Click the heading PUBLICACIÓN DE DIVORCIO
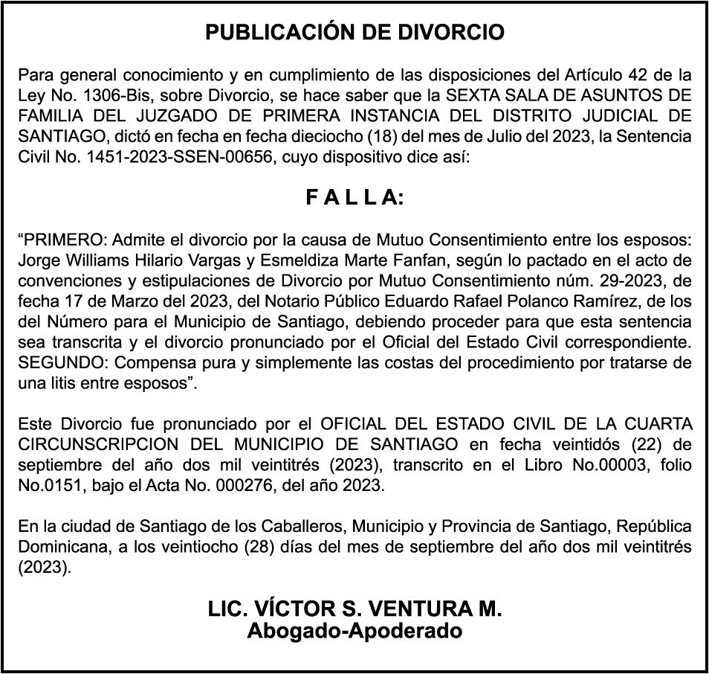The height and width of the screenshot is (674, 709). click(354, 33)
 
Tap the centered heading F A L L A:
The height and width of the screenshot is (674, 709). click(354, 198)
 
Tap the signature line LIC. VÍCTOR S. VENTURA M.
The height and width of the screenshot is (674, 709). click(354, 609)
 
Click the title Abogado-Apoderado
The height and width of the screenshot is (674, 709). click(354, 632)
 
